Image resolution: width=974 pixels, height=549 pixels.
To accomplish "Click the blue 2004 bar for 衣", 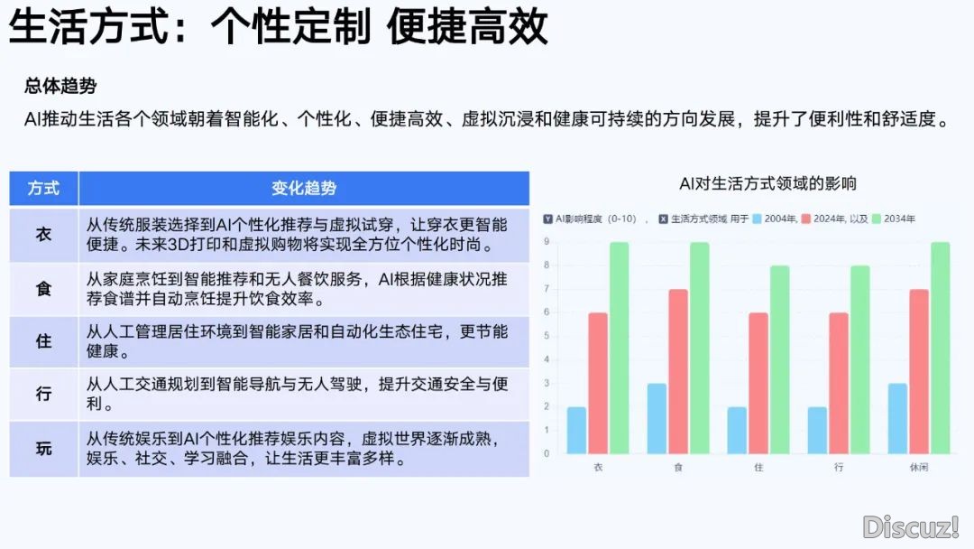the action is [x=576, y=430].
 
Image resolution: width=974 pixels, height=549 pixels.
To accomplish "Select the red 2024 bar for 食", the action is [x=678, y=371].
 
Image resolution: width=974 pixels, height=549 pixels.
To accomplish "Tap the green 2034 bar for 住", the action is [x=779, y=359].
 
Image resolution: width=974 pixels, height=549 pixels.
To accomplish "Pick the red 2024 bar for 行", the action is [x=839, y=383].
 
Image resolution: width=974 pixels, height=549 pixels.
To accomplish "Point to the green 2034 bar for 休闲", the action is [x=941, y=348].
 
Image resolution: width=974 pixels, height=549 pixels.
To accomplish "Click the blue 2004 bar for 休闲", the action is [x=897, y=418].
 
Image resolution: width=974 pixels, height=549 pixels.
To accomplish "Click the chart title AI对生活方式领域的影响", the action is [x=767, y=183].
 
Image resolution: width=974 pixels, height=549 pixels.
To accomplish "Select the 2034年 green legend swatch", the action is [x=877, y=219].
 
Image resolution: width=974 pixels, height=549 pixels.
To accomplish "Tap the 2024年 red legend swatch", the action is [x=805, y=219].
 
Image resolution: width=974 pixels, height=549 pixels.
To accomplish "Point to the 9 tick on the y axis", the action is [x=547, y=241].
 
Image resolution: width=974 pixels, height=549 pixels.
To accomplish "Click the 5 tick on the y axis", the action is [x=547, y=336].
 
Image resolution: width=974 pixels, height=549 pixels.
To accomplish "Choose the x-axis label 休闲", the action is [x=919, y=467].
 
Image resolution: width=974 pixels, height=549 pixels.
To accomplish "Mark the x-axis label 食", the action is [x=678, y=467].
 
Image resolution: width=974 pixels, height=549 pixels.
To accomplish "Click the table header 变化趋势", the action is [x=304, y=189].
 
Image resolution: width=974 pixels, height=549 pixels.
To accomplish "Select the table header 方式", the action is [x=43, y=189].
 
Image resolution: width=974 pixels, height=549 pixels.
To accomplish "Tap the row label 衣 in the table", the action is [x=43, y=235].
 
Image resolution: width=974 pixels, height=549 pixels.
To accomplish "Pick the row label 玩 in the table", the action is [x=43, y=448].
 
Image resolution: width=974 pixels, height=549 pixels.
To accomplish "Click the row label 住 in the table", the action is [x=43, y=341].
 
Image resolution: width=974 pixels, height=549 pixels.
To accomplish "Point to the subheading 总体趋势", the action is [x=60, y=86].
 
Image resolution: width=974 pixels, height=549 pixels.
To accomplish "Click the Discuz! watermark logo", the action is [x=911, y=527].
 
